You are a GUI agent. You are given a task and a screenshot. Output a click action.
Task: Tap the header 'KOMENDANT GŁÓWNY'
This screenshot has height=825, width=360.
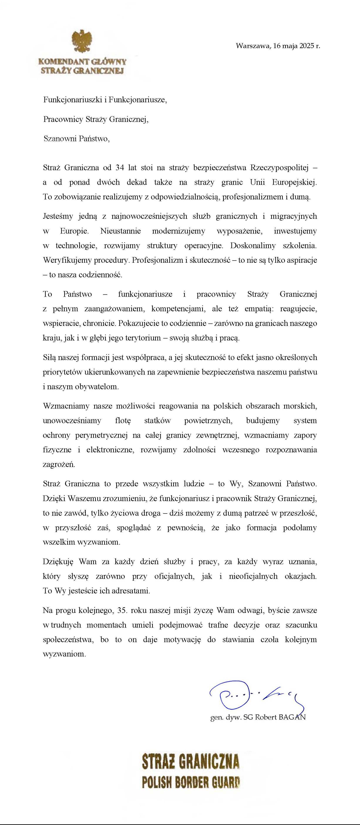(82, 62)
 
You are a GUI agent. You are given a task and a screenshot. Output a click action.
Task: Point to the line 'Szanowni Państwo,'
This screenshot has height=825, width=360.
(77, 139)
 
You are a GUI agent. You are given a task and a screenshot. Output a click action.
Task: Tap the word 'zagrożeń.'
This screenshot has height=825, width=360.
(59, 464)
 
